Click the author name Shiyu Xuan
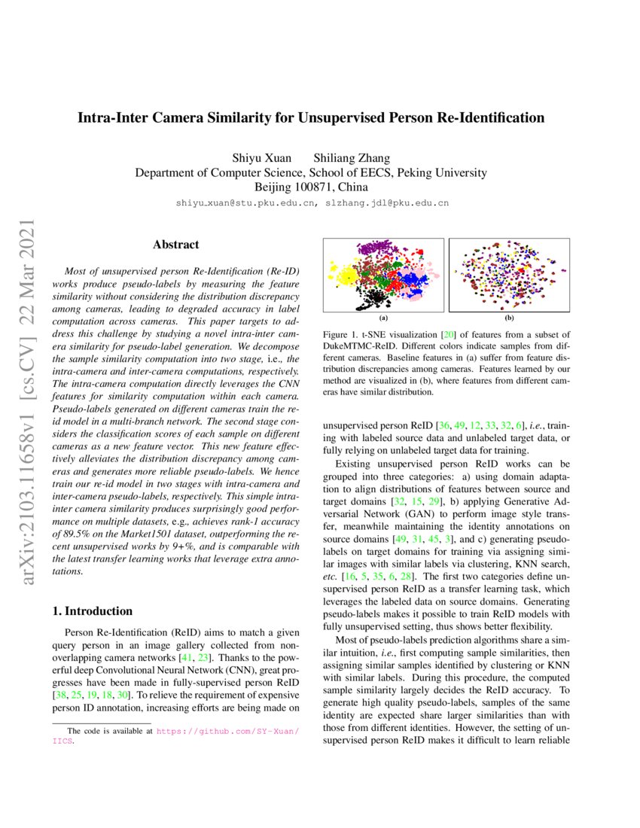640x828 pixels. [x=263, y=158]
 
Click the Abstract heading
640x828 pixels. [x=175, y=245]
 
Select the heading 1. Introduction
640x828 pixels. [x=93, y=610]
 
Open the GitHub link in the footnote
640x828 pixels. [x=227, y=731]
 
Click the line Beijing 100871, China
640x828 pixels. [x=311, y=187]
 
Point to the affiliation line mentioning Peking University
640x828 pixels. [x=311, y=172]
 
